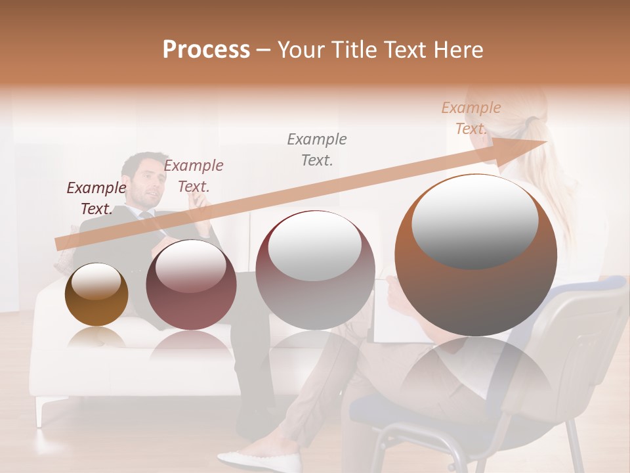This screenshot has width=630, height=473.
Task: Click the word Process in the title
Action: (x=206, y=50)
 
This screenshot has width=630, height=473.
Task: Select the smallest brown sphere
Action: (x=96, y=294)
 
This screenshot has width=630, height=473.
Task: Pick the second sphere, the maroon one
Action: (x=191, y=285)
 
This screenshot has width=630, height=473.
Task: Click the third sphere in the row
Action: (x=315, y=270)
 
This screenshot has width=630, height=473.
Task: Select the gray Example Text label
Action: (x=317, y=149)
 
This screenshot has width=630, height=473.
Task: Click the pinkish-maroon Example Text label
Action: (x=194, y=176)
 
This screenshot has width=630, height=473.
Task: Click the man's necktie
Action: (x=155, y=221)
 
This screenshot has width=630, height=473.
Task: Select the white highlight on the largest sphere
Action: (x=475, y=222)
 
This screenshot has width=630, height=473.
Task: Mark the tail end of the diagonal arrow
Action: (x=60, y=243)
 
